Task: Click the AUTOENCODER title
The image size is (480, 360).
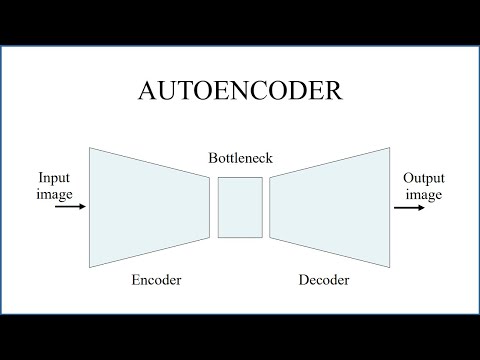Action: pyautogui.click(x=240, y=92)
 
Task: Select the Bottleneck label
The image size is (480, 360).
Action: pyautogui.click(x=240, y=158)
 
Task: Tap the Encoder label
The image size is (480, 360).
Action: pyautogui.click(x=156, y=280)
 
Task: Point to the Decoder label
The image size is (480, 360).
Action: pyautogui.click(x=324, y=280)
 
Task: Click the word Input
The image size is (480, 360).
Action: pyautogui.click(x=54, y=177)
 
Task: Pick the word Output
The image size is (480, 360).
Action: pyautogui.click(x=424, y=177)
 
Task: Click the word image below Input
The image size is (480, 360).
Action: pyautogui.click(x=54, y=193)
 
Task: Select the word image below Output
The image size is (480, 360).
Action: pyautogui.click(x=424, y=194)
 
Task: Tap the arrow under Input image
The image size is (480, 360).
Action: pyautogui.click(x=70, y=208)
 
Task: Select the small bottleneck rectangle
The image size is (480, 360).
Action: pyautogui.click(x=240, y=208)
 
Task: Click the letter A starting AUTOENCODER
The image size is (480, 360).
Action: pyautogui.click(x=147, y=92)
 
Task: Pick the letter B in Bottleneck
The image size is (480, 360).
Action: pyautogui.click(x=212, y=158)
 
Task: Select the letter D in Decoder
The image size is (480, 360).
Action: pyautogui.click(x=303, y=280)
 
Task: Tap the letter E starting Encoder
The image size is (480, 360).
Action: pyautogui.click(x=136, y=280)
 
